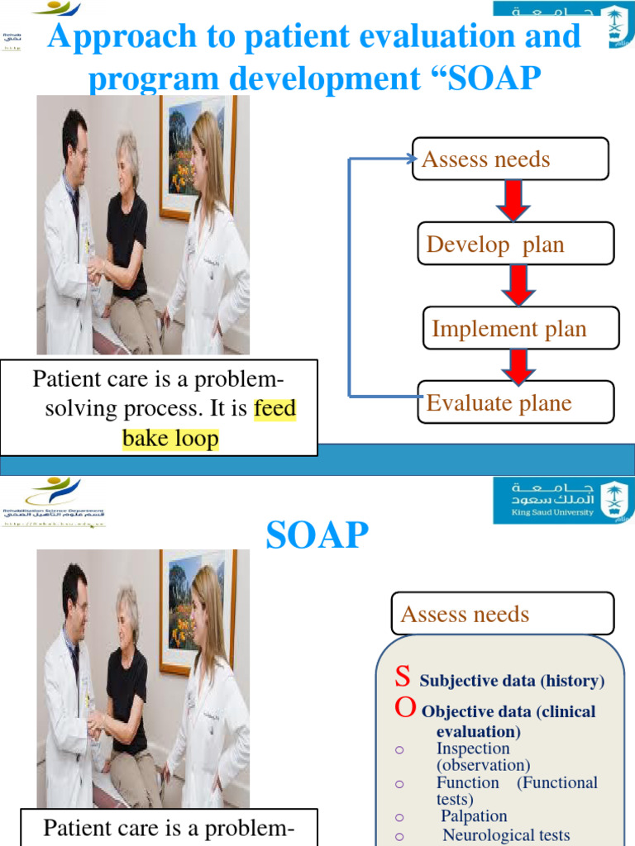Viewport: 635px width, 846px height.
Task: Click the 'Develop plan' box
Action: [x=515, y=244]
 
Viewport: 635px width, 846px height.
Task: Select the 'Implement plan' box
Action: [x=520, y=328]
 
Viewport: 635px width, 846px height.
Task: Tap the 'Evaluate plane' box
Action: [x=515, y=402]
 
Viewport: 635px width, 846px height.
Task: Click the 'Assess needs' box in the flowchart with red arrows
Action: [x=510, y=159]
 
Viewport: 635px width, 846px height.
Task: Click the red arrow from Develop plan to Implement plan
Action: [x=518, y=286]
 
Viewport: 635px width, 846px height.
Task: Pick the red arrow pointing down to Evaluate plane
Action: [x=518, y=366]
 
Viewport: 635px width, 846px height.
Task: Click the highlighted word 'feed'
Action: [x=275, y=410]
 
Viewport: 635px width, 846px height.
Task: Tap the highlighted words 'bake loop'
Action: [x=170, y=438]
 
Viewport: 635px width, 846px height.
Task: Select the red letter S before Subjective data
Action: [x=403, y=677]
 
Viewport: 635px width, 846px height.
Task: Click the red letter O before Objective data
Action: [x=405, y=707]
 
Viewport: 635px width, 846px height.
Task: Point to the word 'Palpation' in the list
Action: [x=474, y=816]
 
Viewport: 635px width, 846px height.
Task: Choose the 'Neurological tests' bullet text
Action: [x=506, y=835]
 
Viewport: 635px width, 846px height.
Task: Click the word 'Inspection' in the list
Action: [x=473, y=749]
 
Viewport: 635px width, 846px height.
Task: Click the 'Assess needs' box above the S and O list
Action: [x=502, y=614]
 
